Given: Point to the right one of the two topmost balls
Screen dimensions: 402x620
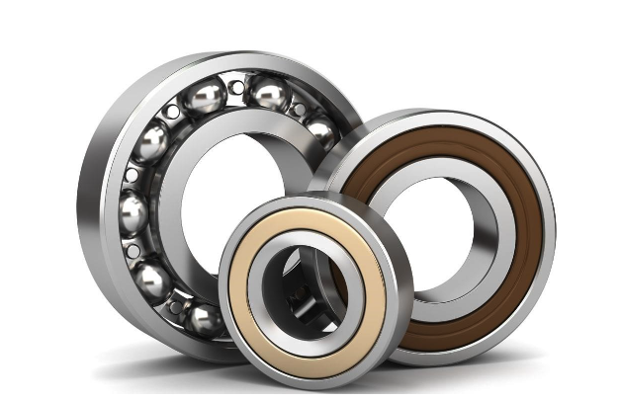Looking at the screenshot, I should click(269, 95).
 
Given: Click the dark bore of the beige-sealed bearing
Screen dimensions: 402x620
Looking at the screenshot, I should click(303, 286).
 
